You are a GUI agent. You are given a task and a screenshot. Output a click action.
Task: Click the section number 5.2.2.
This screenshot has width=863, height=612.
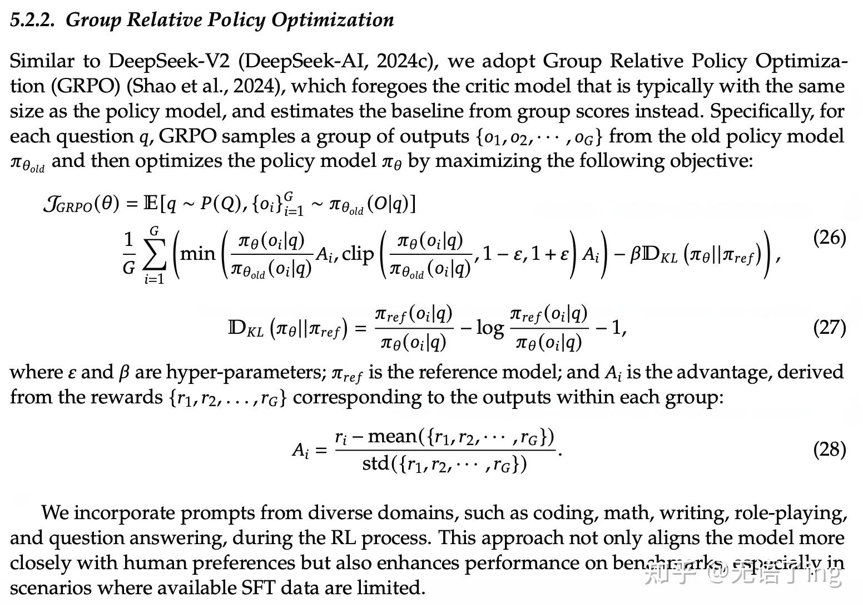coord(33,20)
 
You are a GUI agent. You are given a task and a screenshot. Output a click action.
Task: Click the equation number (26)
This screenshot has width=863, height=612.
coord(829,238)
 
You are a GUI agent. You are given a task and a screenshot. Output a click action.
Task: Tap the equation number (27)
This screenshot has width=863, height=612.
coord(829,327)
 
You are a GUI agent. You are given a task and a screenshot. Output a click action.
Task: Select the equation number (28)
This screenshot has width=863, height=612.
coord(829,449)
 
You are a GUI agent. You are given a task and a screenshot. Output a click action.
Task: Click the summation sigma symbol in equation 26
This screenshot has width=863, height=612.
coord(155,254)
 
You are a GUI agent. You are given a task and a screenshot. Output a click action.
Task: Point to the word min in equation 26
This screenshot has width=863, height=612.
coord(198,254)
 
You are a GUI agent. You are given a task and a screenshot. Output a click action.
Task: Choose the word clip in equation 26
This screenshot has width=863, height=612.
coord(358,254)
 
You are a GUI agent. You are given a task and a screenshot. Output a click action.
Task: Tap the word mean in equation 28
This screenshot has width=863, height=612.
coord(392,436)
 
